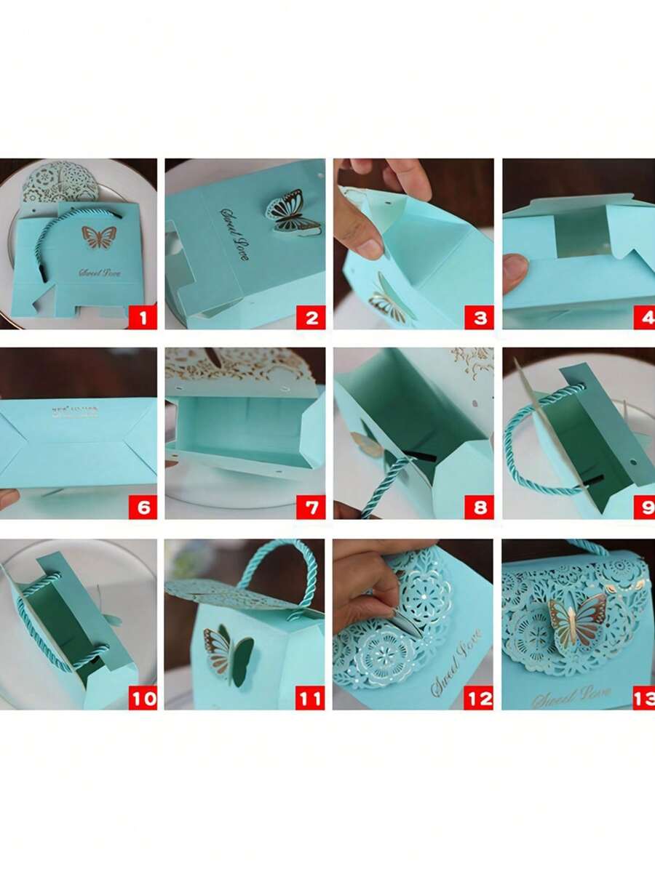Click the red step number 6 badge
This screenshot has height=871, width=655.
tap(143, 506)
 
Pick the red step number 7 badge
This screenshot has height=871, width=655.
tap(311, 506)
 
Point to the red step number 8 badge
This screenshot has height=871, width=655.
tap(479, 506)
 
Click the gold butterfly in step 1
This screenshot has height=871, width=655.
tap(100, 236)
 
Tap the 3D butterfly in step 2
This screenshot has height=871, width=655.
tap(291, 212)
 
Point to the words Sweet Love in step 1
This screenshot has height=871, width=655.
tap(100, 273)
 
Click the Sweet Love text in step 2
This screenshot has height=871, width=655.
tap(234, 234)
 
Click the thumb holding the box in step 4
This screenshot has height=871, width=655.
tap(514, 273)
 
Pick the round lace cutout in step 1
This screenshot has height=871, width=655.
tap(60, 182)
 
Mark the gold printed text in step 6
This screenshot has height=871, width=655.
tap(76, 412)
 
